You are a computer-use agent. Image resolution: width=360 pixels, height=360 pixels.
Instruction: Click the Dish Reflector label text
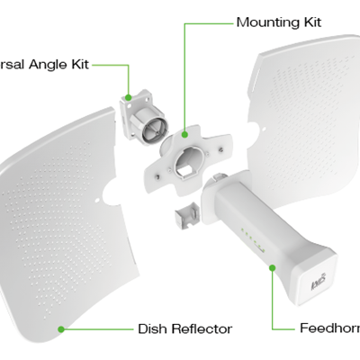pos(184,328)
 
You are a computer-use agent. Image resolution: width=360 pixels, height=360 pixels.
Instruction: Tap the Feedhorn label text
pos(329,328)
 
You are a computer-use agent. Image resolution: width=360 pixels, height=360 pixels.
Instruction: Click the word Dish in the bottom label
pos(151,328)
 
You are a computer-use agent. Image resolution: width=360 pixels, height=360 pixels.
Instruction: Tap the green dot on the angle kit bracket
pos(130,95)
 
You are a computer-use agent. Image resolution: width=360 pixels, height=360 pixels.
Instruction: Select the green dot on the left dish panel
pos(61,328)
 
